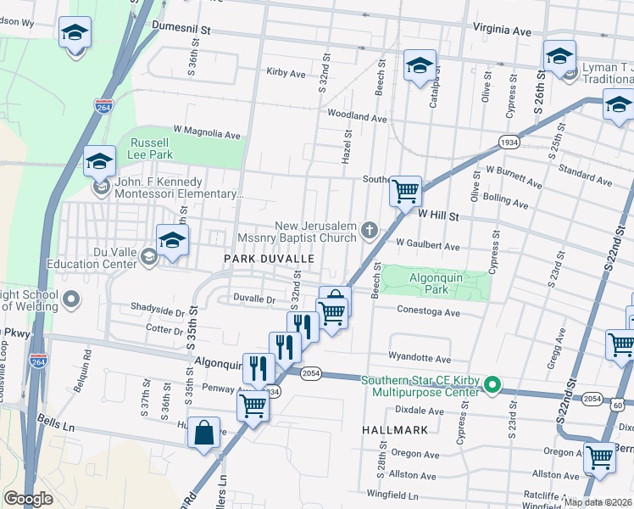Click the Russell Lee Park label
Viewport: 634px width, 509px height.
point(149,148)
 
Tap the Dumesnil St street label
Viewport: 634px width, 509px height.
point(181,28)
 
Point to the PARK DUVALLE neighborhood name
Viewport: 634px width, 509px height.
point(270,258)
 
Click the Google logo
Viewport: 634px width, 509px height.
point(28,499)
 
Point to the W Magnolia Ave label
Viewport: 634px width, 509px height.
point(207,133)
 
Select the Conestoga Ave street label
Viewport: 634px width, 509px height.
point(428,311)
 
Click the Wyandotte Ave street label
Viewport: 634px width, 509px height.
point(420,358)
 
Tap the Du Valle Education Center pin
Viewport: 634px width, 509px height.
point(149,255)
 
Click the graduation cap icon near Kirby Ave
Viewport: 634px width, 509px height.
point(419,65)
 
